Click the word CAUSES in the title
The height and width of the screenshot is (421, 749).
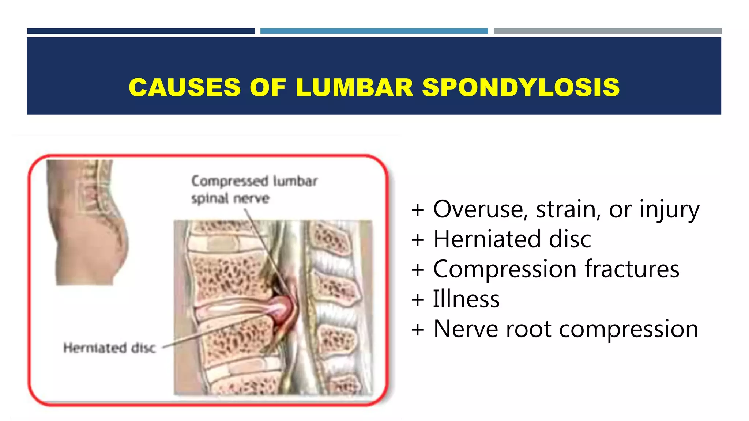tap(185, 88)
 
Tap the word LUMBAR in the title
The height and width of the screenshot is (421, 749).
tap(354, 88)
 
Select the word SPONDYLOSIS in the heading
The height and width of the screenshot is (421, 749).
tap(521, 88)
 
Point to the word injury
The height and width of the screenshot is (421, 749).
tap(669, 210)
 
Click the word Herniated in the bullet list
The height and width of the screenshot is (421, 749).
tap(487, 239)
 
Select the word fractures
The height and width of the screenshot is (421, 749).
tap(632, 269)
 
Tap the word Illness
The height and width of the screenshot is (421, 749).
tap(466, 299)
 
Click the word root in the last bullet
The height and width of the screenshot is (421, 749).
tap(528, 329)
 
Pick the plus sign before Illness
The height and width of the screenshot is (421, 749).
tap(418, 300)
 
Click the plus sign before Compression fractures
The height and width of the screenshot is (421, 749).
tap(418, 270)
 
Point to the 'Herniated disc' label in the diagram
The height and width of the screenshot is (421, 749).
tap(109, 348)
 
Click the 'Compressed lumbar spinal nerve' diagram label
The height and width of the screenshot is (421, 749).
tap(254, 190)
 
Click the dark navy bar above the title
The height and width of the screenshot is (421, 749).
tap(141, 31)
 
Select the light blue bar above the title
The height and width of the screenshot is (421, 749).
tap(374, 31)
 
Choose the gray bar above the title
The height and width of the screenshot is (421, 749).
tap(607, 31)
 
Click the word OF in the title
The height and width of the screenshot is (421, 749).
tap(267, 88)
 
